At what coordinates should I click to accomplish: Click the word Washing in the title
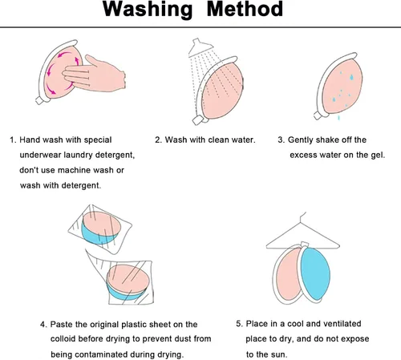tap(148, 10)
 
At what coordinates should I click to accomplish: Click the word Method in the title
tap(245, 9)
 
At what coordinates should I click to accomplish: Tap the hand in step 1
tap(94, 74)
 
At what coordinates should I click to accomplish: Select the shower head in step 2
tap(198, 47)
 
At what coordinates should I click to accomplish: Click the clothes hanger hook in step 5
tap(302, 216)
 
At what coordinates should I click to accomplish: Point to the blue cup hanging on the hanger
tap(315, 273)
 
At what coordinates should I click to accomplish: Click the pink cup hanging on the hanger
tap(288, 274)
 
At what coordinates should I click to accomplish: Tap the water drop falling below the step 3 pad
tap(338, 118)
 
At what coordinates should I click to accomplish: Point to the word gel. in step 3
tap(378, 156)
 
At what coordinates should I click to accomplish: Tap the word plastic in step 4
tap(134, 325)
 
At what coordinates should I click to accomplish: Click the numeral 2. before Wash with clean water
tap(159, 140)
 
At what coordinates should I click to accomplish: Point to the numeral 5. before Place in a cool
tap(240, 324)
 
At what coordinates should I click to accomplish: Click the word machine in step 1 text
tap(74, 170)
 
